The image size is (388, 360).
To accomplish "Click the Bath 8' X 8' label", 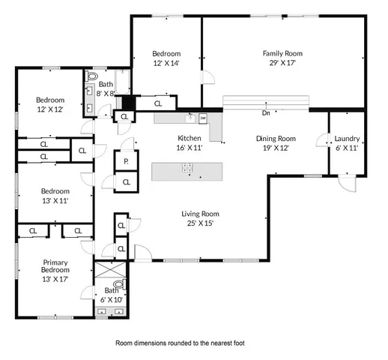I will (x=106, y=89).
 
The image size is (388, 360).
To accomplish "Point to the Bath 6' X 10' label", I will (x=112, y=295).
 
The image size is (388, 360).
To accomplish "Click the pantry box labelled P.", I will (x=125, y=161).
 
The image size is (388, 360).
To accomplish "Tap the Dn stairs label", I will (x=266, y=114).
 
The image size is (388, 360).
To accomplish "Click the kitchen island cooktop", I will (x=187, y=170).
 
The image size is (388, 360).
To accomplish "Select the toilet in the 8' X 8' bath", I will (x=93, y=77).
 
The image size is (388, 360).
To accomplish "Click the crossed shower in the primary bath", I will (x=109, y=271).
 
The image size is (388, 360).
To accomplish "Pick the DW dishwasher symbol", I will (x=202, y=118).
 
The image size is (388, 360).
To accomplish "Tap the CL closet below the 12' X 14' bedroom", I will (x=158, y=104).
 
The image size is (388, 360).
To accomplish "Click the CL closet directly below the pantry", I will (x=126, y=181).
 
